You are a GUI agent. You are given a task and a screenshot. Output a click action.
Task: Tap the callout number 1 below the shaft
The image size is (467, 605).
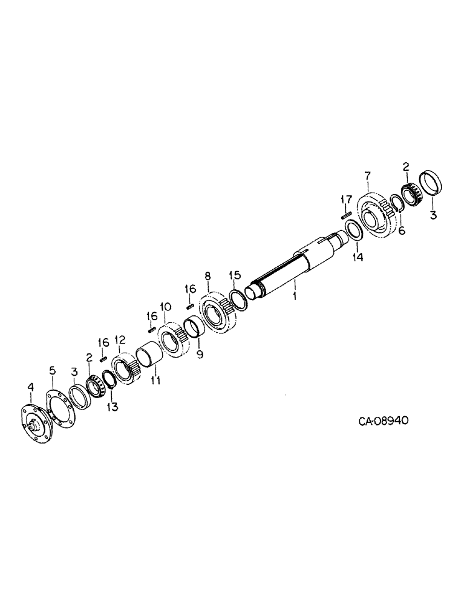pyautogui.click(x=295, y=297)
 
